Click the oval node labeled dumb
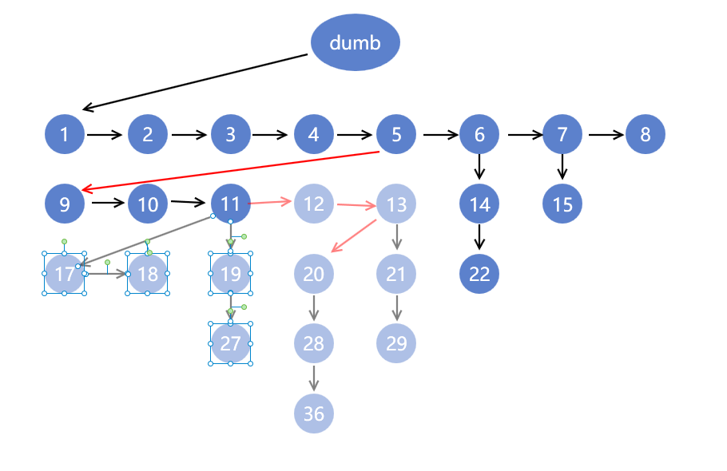point(355,42)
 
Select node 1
point(65,134)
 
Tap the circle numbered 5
point(396,134)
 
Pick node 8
point(646,134)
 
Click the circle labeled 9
point(65,204)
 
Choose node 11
point(231,204)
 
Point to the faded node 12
point(314,204)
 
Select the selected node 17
point(65,274)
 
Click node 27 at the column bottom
point(231,343)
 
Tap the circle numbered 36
point(314,414)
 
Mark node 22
point(479,274)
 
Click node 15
point(562,204)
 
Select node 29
point(396,343)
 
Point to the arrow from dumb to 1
point(196,81)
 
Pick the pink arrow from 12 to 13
point(356,205)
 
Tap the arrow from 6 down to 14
point(479,166)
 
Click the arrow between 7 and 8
point(606,134)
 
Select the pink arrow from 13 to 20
point(354,235)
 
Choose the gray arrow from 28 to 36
point(314,378)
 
